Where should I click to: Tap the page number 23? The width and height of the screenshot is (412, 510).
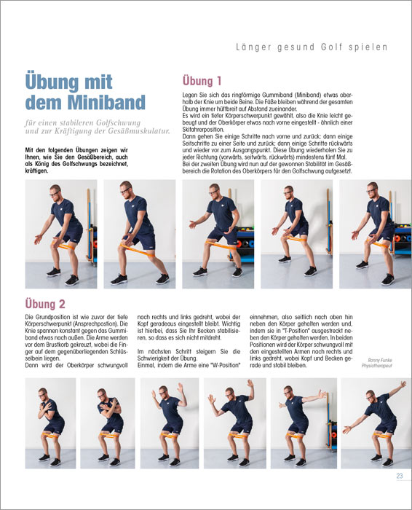click(400, 476)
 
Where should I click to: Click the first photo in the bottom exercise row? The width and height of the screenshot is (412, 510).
click(50, 423)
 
